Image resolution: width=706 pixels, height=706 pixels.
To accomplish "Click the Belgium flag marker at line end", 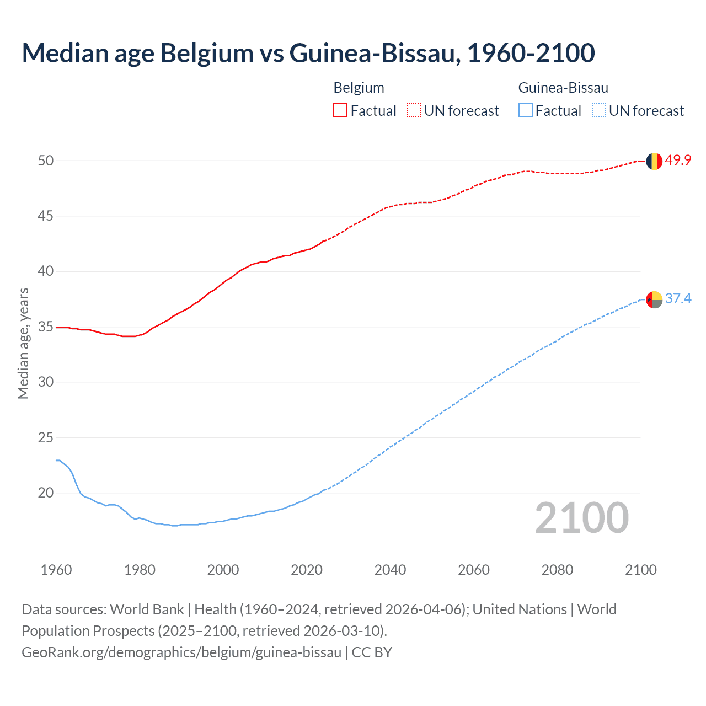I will click(x=654, y=161).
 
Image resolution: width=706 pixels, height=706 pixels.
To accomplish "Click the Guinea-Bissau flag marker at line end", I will click(x=654, y=299).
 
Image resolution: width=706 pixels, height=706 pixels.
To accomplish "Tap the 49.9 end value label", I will click(x=678, y=161).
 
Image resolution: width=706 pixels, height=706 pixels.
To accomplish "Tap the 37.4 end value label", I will click(x=678, y=299).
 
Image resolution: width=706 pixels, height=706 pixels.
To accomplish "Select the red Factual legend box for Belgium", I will click(x=340, y=111).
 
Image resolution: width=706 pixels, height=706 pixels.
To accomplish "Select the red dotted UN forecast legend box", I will click(x=414, y=111).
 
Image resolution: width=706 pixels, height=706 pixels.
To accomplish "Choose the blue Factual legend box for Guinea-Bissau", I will click(x=526, y=111).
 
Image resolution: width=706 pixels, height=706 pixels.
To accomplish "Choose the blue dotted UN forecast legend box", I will click(x=599, y=111).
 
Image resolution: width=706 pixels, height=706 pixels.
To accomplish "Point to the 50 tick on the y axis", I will click(x=46, y=161).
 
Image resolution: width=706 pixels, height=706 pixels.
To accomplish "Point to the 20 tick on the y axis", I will click(x=46, y=493).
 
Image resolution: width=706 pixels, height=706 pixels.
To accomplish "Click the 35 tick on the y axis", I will click(x=46, y=327).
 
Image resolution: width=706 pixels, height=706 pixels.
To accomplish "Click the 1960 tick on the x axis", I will click(x=56, y=570).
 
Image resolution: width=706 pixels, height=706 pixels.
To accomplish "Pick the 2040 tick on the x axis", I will click(x=390, y=570).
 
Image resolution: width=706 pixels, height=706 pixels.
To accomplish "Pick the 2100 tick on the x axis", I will click(x=640, y=570).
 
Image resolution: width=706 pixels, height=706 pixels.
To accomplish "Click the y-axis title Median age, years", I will click(x=23, y=343).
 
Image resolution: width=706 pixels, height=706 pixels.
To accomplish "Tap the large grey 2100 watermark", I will click(x=582, y=518).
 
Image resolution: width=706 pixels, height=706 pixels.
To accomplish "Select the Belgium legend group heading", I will click(x=359, y=88).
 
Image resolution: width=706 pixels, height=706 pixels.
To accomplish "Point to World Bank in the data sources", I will click(x=147, y=609).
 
